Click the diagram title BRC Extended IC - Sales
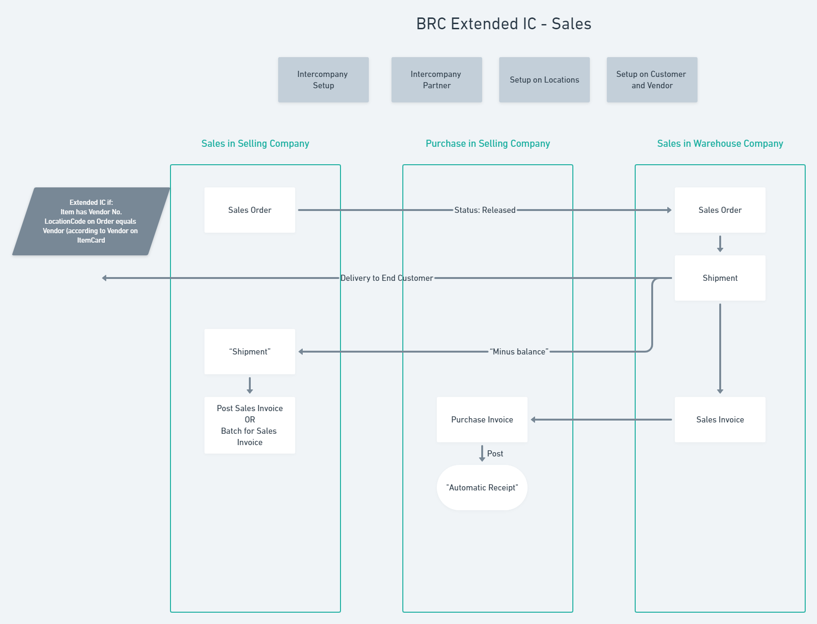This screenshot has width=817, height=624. point(503,24)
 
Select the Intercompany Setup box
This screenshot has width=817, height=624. point(323,80)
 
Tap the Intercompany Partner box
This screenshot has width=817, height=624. point(436,80)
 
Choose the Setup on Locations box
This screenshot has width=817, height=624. point(544,80)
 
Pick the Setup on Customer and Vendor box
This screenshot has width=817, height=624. point(652,80)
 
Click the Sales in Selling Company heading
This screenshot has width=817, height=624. point(255,143)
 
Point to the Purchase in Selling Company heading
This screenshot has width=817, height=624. point(487,143)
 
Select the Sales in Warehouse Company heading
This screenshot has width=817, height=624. point(720,143)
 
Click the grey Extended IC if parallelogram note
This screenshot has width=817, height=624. point(91,221)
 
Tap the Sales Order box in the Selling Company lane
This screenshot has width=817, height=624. point(249,210)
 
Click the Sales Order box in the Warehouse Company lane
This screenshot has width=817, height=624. point(720,210)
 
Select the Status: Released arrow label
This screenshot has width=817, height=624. point(485,210)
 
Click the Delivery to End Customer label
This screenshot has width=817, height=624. point(386,278)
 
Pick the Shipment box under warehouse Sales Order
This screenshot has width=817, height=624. point(720,278)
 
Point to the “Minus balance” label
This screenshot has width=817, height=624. point(519,352)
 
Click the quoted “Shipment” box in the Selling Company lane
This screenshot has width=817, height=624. point(249,352)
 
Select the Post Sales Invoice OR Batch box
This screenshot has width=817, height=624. point(249,425)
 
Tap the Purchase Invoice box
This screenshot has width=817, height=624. point(482,420)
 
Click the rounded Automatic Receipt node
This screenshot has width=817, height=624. point(482,488)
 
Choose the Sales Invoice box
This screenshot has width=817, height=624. point(720,420)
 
